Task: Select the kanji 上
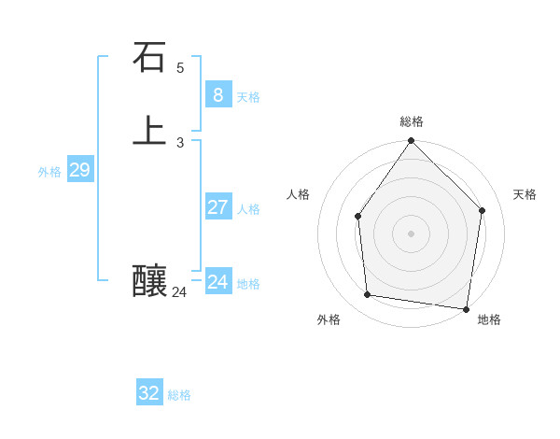149,131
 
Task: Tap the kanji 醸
149,280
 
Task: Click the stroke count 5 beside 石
180,68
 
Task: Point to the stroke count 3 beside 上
180,143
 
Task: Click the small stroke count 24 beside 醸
179,292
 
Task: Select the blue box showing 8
217,94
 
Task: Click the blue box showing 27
217,206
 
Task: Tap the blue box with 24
217,281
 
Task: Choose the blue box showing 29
79,169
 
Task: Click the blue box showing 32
149,393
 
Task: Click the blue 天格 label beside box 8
248,97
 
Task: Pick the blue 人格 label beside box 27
248,209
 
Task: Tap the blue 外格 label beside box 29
49,172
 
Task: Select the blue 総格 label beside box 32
179,396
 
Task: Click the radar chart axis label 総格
412,121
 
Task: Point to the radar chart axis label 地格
489,319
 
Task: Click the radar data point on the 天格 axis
483,210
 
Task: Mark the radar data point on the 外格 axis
368,295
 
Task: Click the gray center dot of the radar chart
411,234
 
